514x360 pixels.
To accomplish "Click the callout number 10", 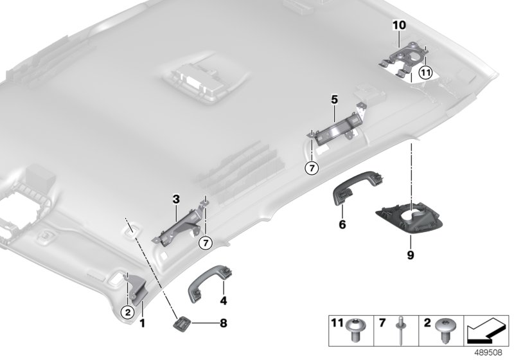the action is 399,25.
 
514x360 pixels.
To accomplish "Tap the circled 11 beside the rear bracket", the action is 425,73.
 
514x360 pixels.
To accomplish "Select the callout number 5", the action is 334,100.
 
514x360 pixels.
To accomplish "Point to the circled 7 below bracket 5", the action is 312,168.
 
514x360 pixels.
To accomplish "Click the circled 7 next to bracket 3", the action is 206,243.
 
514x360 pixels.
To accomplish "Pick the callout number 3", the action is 176,199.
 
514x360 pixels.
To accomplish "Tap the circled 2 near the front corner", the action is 128,312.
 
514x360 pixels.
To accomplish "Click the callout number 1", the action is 142,323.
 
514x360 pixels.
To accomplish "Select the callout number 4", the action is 224,301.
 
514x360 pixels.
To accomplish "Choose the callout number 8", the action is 223,323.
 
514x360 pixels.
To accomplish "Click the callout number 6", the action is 342,224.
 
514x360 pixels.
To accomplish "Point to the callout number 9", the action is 411,255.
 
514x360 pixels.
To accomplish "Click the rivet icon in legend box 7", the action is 401,330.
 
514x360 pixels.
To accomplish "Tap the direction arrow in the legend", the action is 486,331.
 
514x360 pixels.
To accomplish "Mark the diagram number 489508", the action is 488,352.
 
